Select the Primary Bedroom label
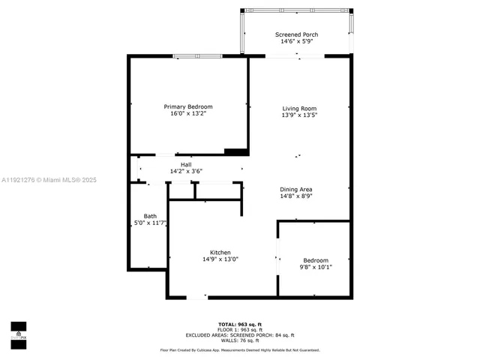[x=188, y=106]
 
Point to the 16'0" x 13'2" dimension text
[x=188, y=114]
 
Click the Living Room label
[x=299, y=108]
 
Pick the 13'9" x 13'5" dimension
[x=299, y=115]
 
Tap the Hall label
[x=186, y=164]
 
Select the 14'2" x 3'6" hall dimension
[x=186, y=171]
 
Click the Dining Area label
[x=296, y=189]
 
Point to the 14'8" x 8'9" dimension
[x=296, y=196]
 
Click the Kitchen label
[x=220, y=252]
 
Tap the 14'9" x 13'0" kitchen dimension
[x=220, y=259]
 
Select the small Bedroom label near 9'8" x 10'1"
[x=316, y=260]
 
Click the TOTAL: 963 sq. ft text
[x=240, y=322]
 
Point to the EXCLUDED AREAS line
[x=240, y=334]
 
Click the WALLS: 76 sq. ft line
[x=240, y=340]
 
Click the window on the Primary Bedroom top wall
[x=196, y=56]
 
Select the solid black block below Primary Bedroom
[x=237, y=151]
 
